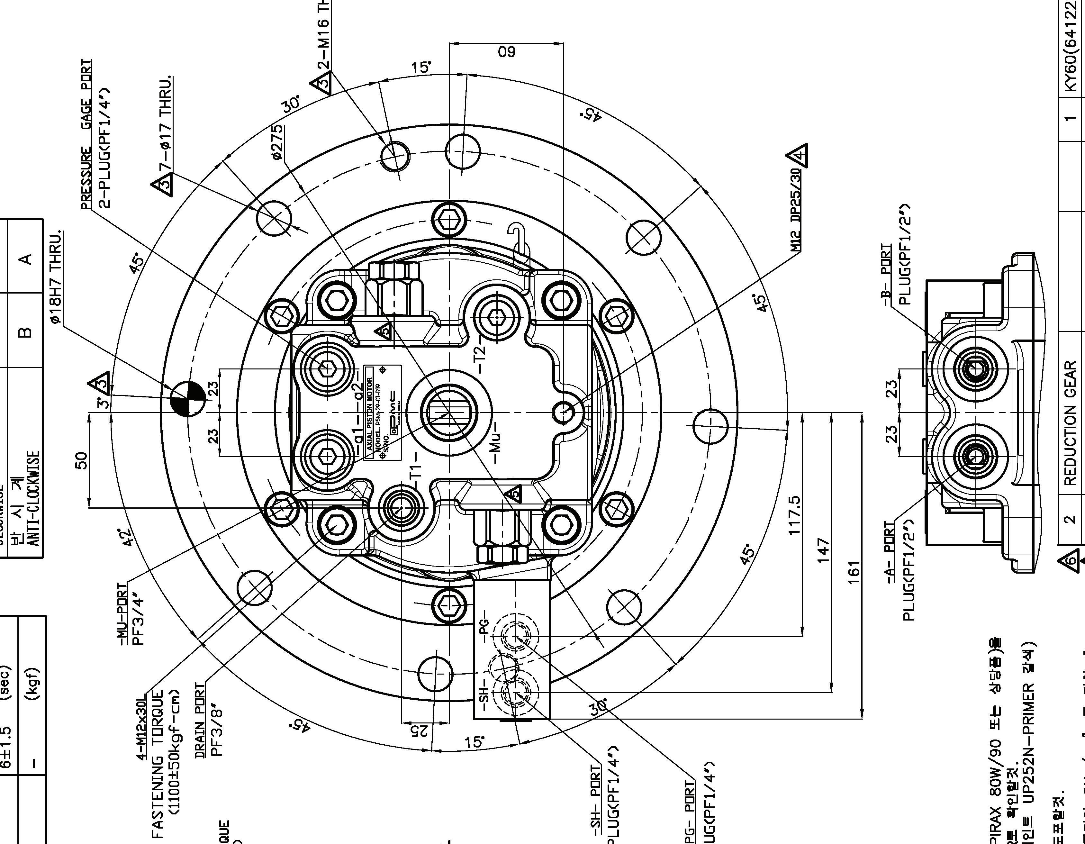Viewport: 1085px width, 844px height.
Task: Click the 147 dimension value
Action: pos(824,549)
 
